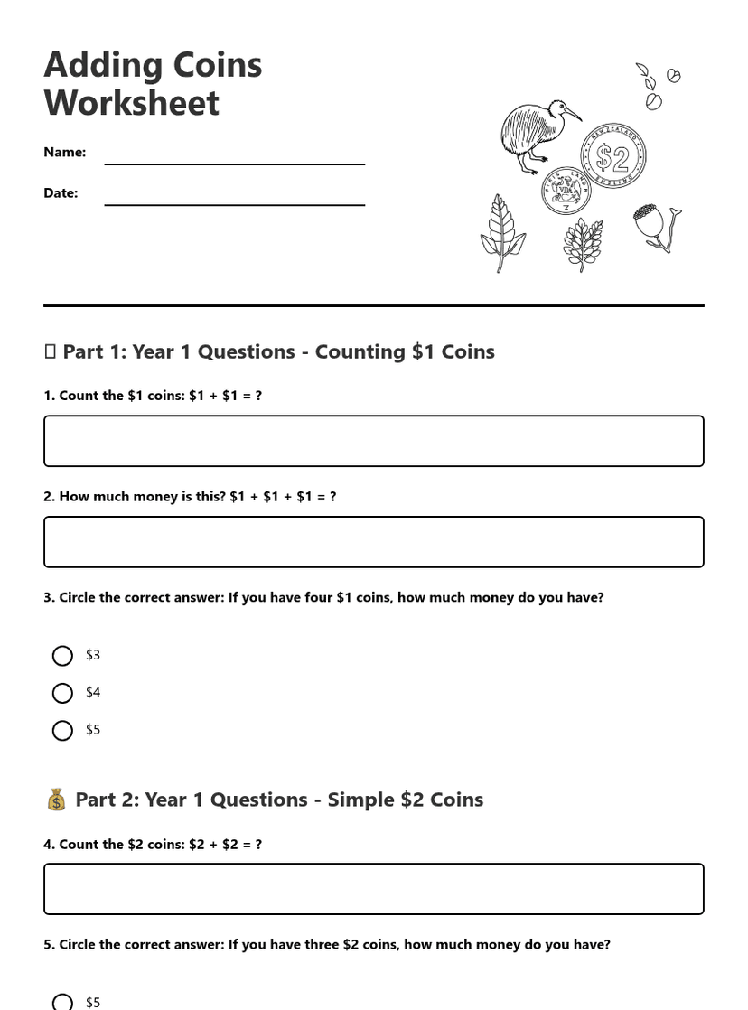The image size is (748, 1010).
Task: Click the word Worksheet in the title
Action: click(x=131, y=103)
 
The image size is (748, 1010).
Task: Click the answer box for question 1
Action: click(x=373, y=441)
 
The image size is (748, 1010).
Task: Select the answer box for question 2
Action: click(x=373, y=542)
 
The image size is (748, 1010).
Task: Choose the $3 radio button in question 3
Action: click(x=62, y=656)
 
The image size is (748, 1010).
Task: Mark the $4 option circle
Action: click(x=62, y=693)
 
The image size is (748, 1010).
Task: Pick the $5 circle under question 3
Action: click(x=62, y=730)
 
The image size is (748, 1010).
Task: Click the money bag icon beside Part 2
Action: click(x=56, y=800)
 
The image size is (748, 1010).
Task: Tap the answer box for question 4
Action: click(x=373, y=889)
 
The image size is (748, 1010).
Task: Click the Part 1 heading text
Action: click(x=278, y=351)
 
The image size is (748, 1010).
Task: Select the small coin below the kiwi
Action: click(x=566, y=191)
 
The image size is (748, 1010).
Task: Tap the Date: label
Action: click(x=61, y=192)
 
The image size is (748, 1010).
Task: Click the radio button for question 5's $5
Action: click(x=62, y=1002)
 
